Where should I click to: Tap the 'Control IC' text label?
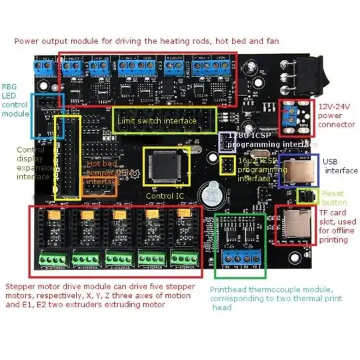point(167,195)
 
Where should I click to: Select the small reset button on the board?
point(306,197)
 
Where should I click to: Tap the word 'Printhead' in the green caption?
point(230,289)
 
